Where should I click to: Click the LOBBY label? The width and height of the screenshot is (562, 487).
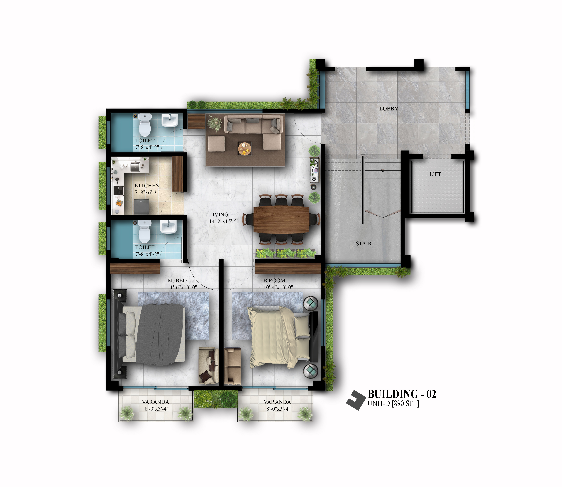tap(389, 109)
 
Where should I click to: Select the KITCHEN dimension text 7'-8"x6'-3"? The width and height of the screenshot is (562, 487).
tap(147, 192)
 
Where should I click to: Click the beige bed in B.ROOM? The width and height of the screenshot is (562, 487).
tap(280, 337)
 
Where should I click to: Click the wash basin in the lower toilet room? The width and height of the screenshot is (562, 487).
tap(168, 227)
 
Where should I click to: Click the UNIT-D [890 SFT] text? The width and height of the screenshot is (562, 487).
tap(393, 404)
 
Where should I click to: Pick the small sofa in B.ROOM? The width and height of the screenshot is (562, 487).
tap(233, 366)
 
